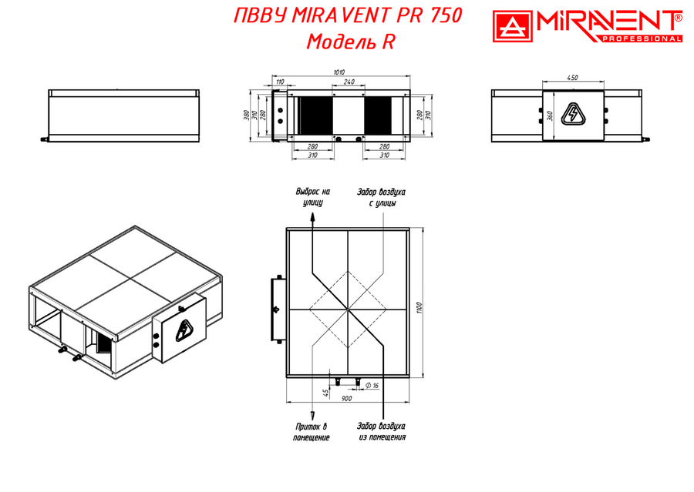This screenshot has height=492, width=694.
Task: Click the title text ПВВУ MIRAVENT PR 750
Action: (348, 16)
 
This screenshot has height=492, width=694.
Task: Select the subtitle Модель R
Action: (351, 42)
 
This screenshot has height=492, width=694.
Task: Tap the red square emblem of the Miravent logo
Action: (513, 26)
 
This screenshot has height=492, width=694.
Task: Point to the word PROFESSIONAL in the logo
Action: (642, 39)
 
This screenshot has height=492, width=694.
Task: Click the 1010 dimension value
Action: (339, 72)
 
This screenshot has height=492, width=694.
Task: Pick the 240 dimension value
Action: (349, 82)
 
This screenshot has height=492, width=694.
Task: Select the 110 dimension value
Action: (280, 82)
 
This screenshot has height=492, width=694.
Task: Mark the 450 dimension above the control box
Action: (572, 78)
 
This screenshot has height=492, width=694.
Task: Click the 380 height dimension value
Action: (246, 115)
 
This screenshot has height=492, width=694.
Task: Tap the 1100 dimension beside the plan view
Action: (419, 308)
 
